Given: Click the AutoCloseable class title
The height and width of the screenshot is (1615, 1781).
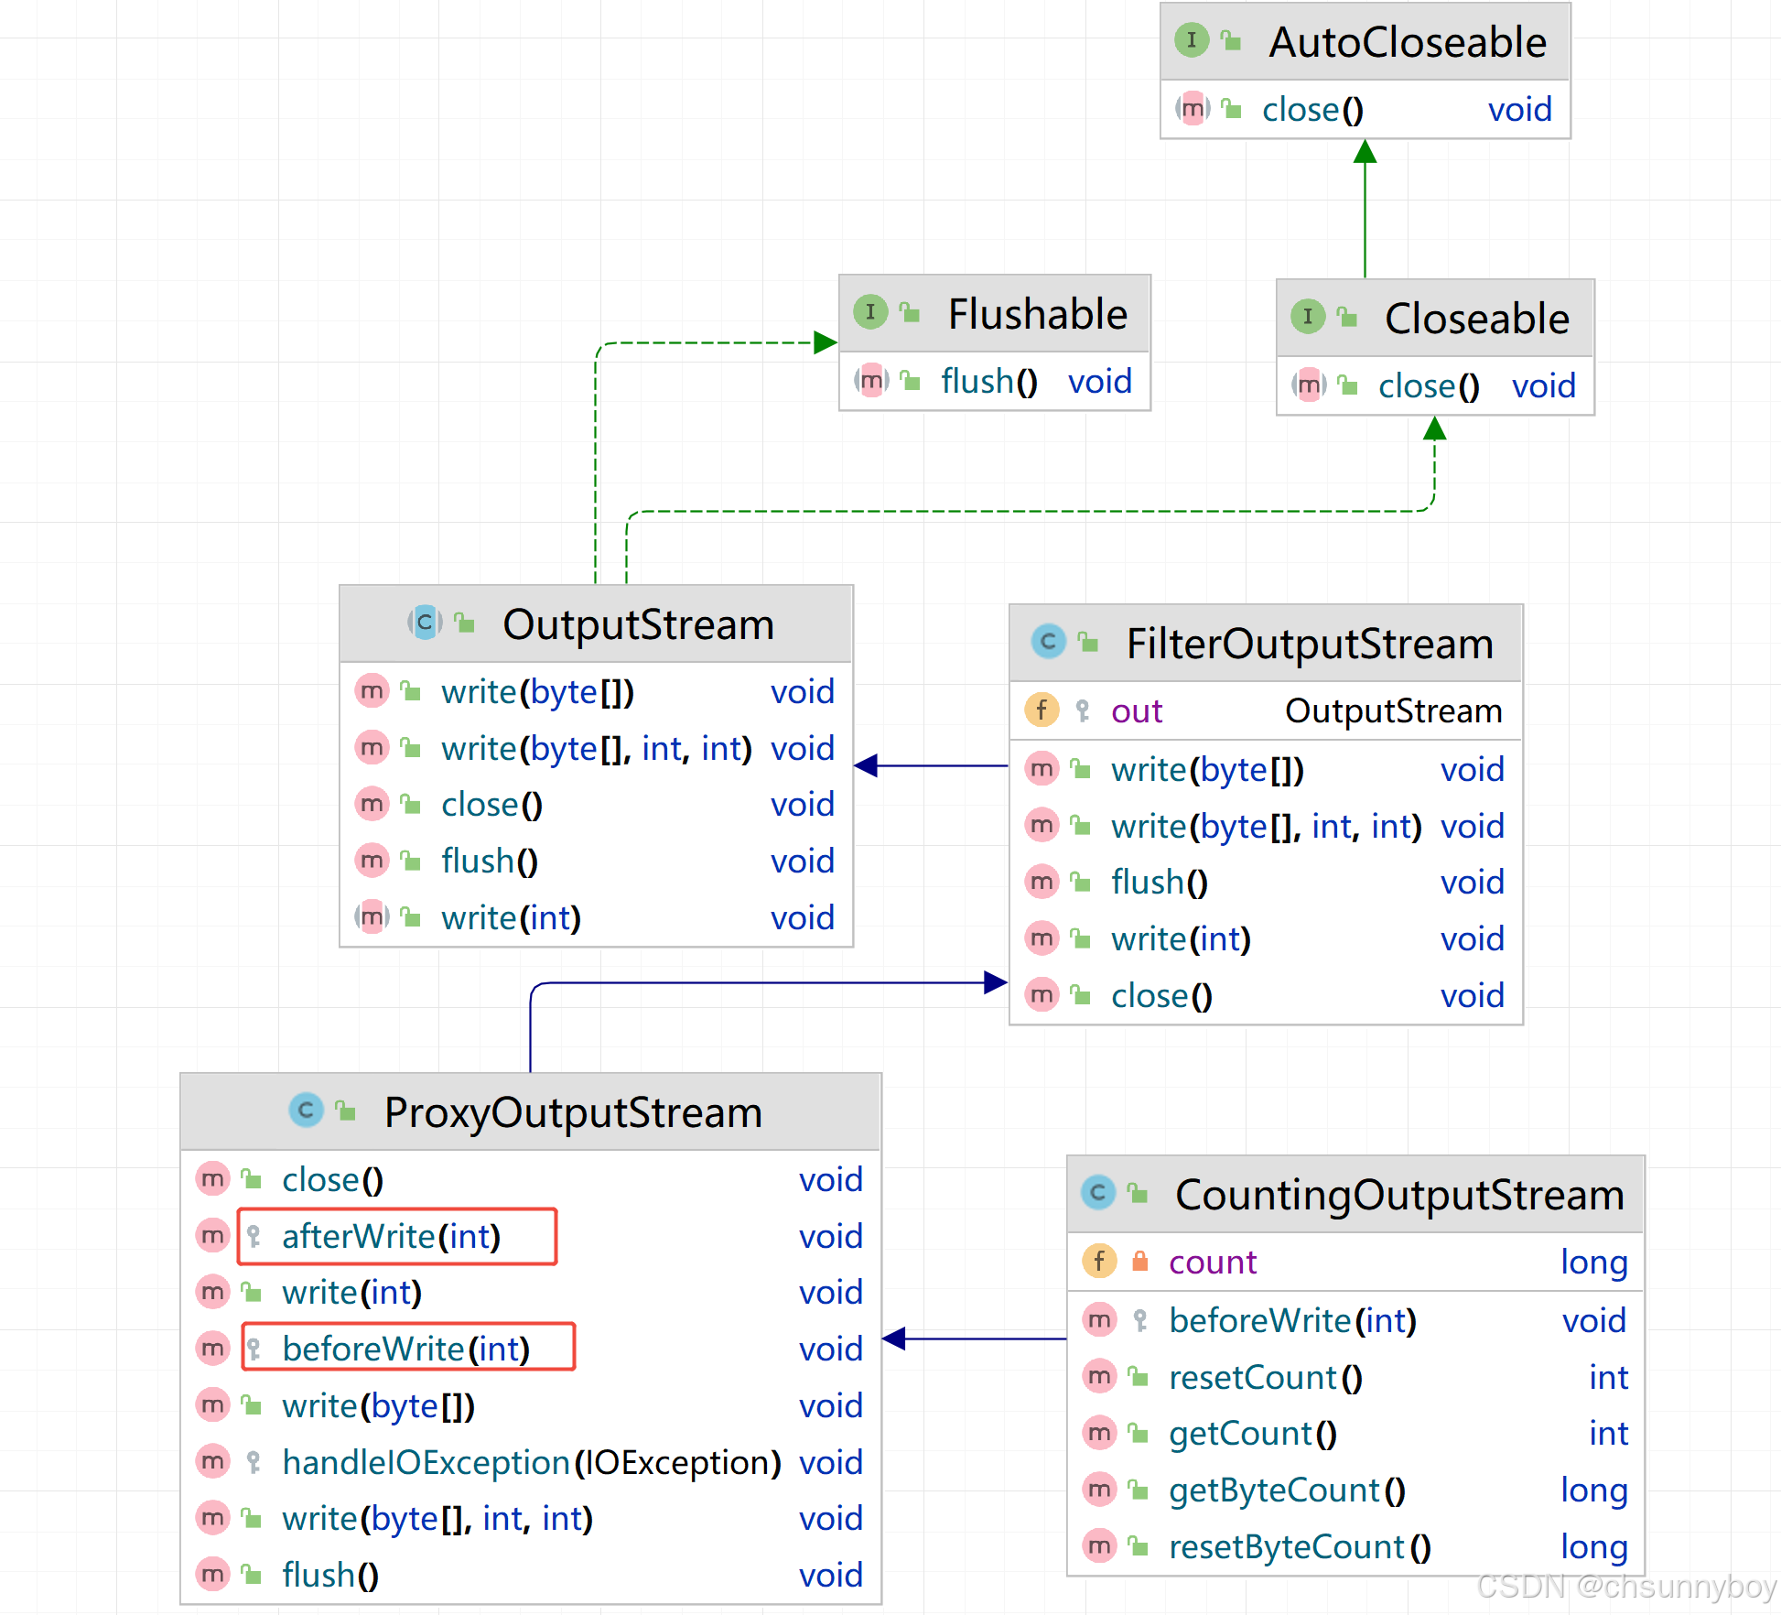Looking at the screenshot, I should [x=1407, y=43].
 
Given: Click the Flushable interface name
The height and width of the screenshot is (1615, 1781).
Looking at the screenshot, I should [x=1037, y=315].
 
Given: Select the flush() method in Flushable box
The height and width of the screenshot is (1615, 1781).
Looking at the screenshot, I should [x=988, y=382].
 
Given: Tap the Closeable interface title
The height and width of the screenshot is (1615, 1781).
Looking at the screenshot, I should [x=1476, y=320].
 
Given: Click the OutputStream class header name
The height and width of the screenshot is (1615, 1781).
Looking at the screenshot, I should [x=638, y=625].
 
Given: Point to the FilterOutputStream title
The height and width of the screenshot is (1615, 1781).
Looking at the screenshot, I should [x=1309, y=645].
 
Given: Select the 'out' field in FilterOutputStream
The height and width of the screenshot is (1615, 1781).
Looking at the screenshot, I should [x=1136, y=711].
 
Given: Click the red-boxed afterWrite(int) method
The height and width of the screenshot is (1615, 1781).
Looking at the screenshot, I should [x=391, y=1237].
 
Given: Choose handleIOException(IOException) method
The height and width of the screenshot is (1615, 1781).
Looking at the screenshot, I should [x=531, y=1463].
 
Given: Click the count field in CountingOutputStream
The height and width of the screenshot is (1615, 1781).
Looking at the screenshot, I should [x=1212, y=1263].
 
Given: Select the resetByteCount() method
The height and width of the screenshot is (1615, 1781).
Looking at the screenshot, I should [x=1299, y=1547].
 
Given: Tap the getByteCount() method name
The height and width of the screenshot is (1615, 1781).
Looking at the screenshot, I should [x=1286, y=1490].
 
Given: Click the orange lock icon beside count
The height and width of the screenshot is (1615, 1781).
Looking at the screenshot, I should [x=1139, y=1262].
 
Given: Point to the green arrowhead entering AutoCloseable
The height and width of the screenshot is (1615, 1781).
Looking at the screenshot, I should [x=1365, y=152].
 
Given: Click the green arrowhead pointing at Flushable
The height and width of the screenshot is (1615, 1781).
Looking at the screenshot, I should [x=826, y=342].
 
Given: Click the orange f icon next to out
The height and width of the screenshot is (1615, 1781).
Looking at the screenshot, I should [x=1042, y=710].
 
